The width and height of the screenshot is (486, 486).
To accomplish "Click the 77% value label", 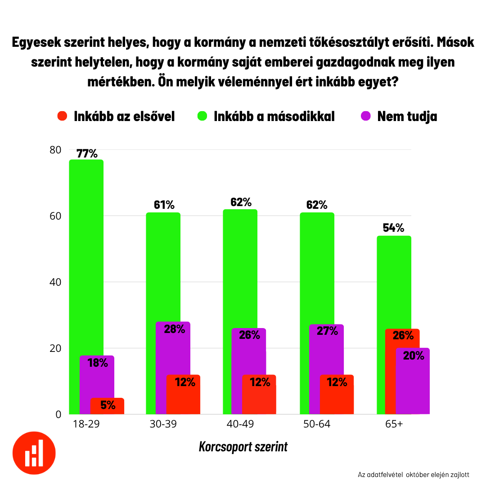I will tap(87, 153).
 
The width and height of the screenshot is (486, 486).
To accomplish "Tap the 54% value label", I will tap(393, 228).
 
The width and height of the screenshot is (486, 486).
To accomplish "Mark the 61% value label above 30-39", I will tap(164, 205).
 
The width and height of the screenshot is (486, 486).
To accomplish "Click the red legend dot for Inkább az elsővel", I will tap(62, 116).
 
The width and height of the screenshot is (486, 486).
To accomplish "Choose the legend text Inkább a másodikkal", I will tap(274, 116).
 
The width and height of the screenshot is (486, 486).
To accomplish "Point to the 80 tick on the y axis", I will tap(55, 150).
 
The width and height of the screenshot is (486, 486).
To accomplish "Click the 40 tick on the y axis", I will tap(55, 282).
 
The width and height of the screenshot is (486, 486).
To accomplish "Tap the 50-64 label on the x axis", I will tap(317, 424).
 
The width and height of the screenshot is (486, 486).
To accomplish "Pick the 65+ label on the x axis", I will tap(394, 424).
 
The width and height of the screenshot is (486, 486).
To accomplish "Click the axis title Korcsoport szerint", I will tap(243, 447).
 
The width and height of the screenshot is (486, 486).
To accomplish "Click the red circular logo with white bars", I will tap(34, 453).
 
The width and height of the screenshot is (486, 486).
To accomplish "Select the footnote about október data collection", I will tap(414, 475).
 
